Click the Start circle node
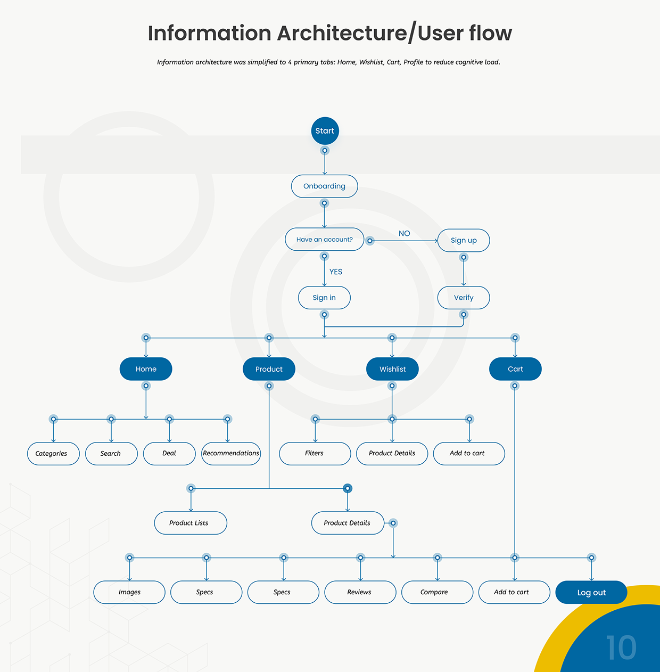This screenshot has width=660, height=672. pyautogui.click(x=325, y=131)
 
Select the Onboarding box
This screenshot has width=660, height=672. pyautogui.click(x=325, y=186)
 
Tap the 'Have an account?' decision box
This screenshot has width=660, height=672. pyautogui.click(x=325, y=240)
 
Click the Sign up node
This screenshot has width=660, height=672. pyautogui.click(x=464, y=240)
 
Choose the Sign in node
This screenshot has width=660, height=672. pyautogui.click(x=324, y=298)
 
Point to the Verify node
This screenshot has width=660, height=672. pyautogui.click(x=464, y=298)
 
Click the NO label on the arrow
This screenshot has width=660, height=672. pyautogui.click(x=405, y=233)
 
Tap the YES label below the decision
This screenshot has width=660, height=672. pyautogui.click(x=336, y=272)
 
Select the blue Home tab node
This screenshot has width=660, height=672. pyautogui.click(x=146, y=369)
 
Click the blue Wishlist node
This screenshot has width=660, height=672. pyautogui.click(x=392, y=369)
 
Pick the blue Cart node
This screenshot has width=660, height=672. pyautogui.click(x=515, y=369)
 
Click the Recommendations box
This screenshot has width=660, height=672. pyautogui.click(x=231, y=454)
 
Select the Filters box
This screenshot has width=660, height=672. pyautogui.click(x=315, y=454)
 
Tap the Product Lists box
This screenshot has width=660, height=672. pyautogui.click(x=191, y=523)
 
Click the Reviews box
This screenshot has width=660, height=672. pyautogui.click(x=360, y=592)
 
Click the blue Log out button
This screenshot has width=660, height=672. pyautogui.click(x=591, y=593)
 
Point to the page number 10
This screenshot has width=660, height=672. pyautogui.click(x=621, y=648)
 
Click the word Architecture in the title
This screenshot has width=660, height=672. pyautogui.click(x=342, y=34)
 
